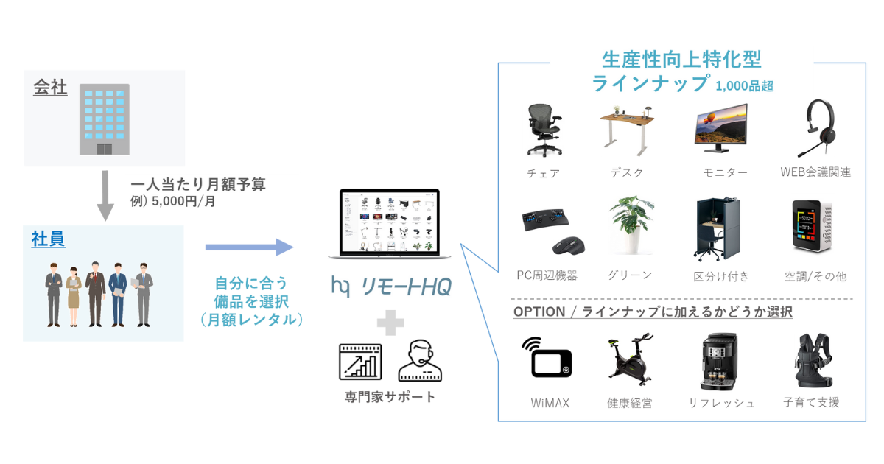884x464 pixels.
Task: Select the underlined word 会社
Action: (x=50, y=88)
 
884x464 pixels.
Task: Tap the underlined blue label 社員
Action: (x=48, y=239)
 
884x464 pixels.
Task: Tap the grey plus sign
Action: (x=389, y=322)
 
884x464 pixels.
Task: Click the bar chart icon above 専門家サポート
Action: (x=361, y=361)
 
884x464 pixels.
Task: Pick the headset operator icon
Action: (x=419, y=361)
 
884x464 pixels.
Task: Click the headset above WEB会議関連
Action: (x=813, y=127)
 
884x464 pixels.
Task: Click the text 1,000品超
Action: (x=744, y=86)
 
